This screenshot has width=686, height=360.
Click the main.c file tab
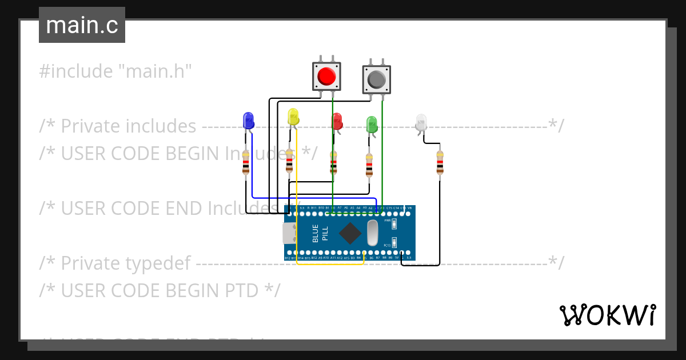pyautogui.click(x=82, y=25)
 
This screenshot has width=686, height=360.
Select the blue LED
pyautogui.click(x=248, y=121)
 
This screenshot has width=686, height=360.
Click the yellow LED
pyautogui.click(x=293, y=117)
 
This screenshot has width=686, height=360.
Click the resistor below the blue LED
pyautogui.click(x=246, y=162)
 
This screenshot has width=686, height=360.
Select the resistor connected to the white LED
pyautogui.click(x=440, y=162)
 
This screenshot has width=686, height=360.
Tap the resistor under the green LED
pyautogui.click(x=369, y=165)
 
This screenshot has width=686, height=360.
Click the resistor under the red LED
pyautogui.click(x=334, y=163)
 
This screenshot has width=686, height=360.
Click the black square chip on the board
pyautogui.click(x=350, y=233)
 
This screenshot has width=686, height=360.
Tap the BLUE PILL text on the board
pyautogui.click(x=320, y=233)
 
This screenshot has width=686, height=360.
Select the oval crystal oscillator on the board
pyautogui.click(x=373, y=233)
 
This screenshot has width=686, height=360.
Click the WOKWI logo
pyautogui.click(x=607, y=315)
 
